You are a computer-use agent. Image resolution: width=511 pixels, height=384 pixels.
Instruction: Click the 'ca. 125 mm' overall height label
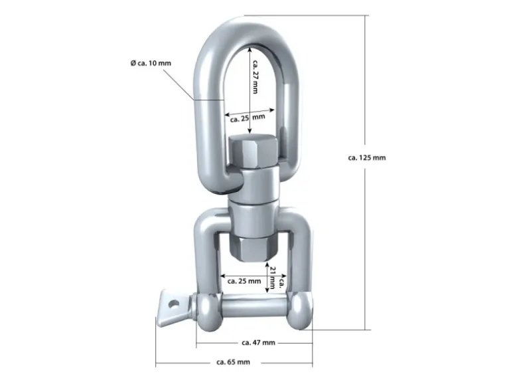coord(366,157)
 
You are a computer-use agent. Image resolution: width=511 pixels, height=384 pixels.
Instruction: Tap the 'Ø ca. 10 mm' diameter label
coord(151,63)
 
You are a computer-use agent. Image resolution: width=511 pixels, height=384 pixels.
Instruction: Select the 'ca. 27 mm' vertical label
coord(256,77)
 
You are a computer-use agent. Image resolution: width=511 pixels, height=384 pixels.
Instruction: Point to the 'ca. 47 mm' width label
coord(258,343)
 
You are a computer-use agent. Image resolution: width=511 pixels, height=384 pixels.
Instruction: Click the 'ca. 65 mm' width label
coord(233,362)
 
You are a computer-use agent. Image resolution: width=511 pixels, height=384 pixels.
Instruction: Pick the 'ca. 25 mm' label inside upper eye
coord(248,118)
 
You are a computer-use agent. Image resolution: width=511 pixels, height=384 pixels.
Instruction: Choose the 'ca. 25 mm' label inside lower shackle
coord(244,281)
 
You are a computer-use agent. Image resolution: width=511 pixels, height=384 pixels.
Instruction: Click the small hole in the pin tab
coord(173,305)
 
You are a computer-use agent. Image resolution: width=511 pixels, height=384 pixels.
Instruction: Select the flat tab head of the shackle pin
coord(174,308)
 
